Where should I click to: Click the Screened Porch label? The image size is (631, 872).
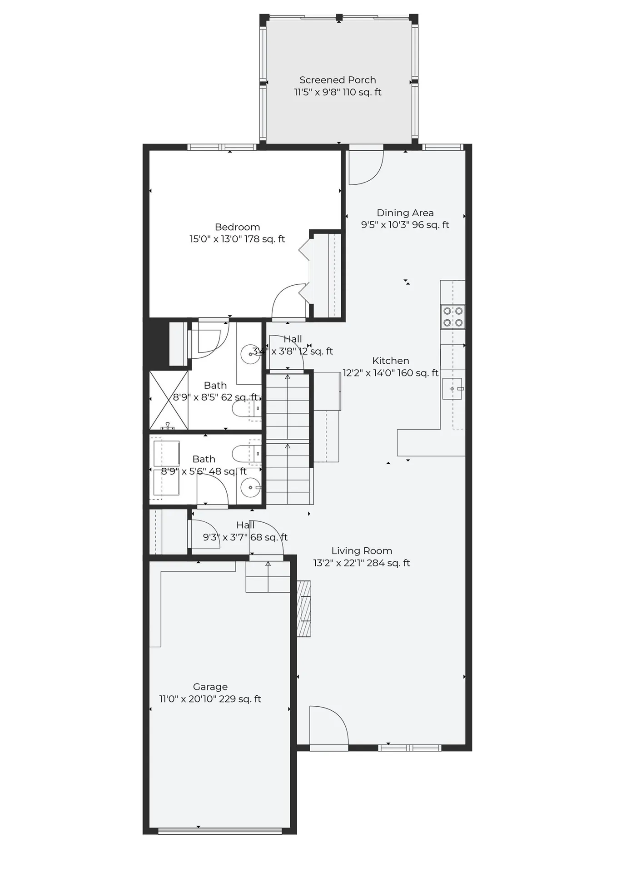(338, 80)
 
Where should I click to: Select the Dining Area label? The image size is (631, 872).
(405, 213)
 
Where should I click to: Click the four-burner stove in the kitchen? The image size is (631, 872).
(453, 317)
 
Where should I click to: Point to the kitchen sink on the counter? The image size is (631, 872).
(452, 389)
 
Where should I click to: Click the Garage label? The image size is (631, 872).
(210, 687)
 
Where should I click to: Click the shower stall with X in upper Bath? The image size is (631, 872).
(169, 400)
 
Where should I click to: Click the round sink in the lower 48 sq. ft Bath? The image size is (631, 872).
(250, 488)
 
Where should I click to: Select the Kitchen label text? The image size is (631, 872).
(390, 361)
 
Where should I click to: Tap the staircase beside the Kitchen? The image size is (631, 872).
(288, 438)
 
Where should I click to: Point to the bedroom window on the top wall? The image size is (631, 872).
(222, 147)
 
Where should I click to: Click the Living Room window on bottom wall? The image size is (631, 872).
(409, 748)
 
